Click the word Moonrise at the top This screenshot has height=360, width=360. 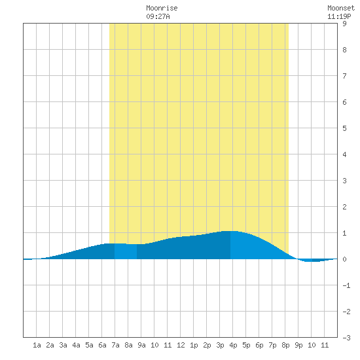162,9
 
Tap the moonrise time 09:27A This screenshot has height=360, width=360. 158,16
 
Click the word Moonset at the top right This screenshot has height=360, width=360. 341,9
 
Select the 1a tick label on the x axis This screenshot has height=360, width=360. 37,345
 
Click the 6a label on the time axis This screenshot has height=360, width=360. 102,345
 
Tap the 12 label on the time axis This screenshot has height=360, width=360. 181,345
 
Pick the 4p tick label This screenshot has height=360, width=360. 233,345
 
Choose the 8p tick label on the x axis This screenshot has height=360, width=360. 285,345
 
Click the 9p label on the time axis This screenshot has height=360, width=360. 298,345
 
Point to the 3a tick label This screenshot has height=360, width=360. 63,345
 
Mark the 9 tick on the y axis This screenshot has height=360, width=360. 344,24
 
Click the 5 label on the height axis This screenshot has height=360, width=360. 344,128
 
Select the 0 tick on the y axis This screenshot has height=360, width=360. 344,259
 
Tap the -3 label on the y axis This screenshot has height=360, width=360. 346,338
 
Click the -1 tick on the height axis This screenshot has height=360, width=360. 346,285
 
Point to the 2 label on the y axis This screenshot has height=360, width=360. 344,207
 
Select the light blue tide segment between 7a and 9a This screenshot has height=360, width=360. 126,251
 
